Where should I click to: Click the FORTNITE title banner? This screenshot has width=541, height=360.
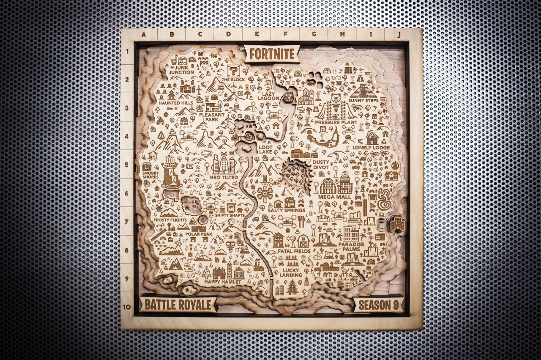(272, 54)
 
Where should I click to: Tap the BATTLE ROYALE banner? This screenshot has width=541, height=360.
(178, 304)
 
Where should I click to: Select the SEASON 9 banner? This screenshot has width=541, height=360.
(378, 304)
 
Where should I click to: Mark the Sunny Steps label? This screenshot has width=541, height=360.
(363, 101)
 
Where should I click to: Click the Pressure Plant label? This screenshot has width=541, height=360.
(336, 122)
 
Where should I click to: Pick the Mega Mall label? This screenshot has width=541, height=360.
(334, 197)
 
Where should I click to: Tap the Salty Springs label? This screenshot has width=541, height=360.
(287, 210)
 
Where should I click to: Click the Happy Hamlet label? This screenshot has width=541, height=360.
(222, 282)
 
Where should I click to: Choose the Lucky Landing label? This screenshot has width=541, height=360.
(291, 272)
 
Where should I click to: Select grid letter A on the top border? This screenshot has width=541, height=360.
(143, 35)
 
